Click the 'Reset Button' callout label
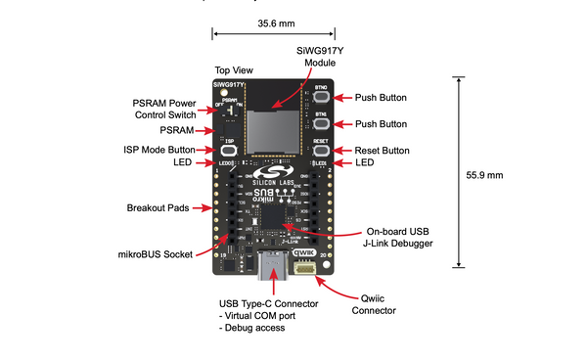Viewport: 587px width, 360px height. (382, 151)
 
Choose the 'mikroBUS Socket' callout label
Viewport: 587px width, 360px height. (163, 254)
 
